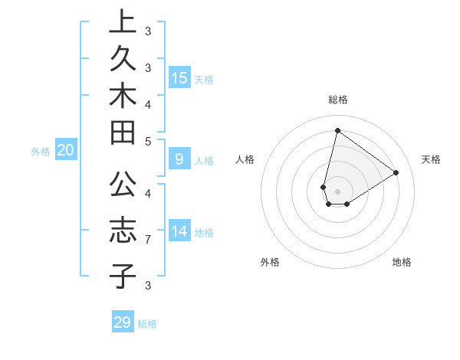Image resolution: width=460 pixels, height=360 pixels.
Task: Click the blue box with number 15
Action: point(179,78)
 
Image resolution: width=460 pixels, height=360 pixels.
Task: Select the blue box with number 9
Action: point(179,159)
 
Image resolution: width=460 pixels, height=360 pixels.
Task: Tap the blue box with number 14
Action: point(179,231)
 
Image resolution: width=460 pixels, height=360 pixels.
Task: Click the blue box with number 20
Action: point(65,151)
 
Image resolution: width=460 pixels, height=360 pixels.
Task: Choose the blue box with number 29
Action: point(123,322)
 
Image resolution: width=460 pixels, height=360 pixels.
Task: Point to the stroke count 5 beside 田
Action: point(148,141)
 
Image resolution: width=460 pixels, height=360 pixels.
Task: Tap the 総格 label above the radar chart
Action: point(337,100)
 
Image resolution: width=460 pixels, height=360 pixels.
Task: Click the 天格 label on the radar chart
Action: point(431,159)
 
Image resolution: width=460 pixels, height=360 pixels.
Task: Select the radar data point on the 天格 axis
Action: point(396,172)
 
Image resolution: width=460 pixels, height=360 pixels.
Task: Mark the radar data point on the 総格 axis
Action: point(337,130)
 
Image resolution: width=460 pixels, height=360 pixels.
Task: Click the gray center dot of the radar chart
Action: point(337,191)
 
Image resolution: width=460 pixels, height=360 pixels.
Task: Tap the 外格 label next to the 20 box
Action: point(41,152)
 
